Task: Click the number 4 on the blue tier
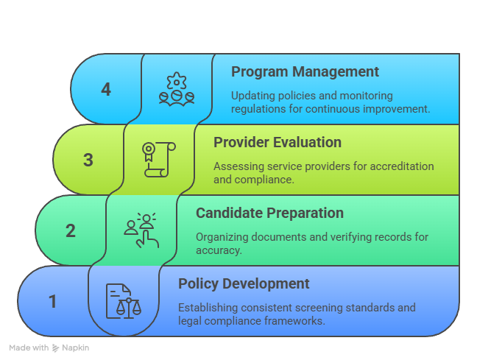click(x=106, y=90)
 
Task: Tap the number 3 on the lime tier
click(x=88, y=160)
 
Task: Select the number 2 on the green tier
click(x=71, y=230)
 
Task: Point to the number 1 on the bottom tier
click(x=53, y=301)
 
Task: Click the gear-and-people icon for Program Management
click(x=177, y=89)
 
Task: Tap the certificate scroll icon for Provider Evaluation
click(x=159, y=160)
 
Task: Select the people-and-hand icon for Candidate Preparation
click(x=141, y=230)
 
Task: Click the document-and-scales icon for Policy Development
click(x=124, y=301)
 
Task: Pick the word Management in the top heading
click(x=336, y=72)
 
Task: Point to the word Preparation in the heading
click(x=305, y=213)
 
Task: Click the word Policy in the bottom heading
click(x=198, y=284)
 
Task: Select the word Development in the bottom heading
click(x=266, y=284)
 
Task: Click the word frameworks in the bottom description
click(x=294, y=321)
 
